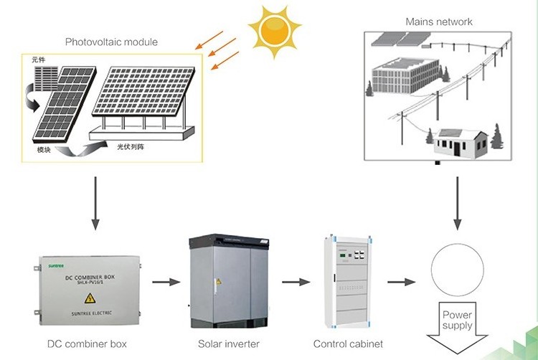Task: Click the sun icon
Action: tap(273, 31)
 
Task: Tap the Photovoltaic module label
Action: tap(111, 42)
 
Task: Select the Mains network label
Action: tap(439, 22)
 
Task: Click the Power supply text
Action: tap(457, 320)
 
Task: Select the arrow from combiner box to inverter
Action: tap(167, 282)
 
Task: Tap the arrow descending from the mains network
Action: tap(456, 201)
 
